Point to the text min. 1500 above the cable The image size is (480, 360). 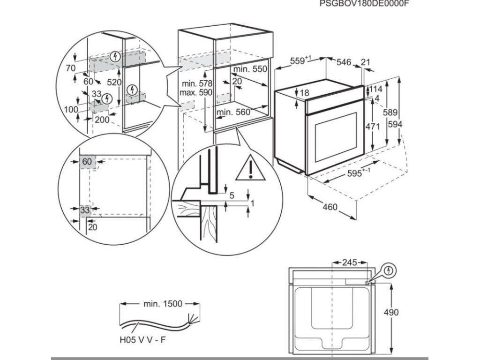point(162,304)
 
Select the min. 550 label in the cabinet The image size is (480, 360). point(250,69)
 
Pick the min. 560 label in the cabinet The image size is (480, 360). point(233,112)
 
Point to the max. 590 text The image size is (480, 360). point(196,92)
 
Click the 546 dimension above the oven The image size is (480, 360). point(345,61)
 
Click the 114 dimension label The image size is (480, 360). point(376,89)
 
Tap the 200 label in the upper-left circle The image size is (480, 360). point(102,120)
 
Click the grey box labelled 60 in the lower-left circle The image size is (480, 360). point(87,162)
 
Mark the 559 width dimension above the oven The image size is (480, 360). point(300,60)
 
